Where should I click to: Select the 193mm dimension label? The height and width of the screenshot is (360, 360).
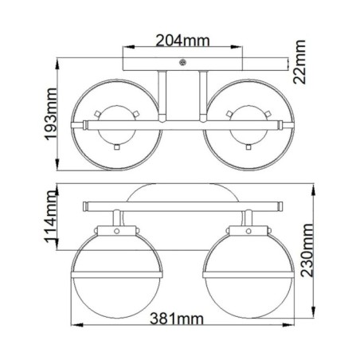(x=52, y=120)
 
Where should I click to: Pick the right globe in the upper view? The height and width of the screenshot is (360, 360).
(x=243, y=123)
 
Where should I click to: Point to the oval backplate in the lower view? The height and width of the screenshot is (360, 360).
(x=180, y=193)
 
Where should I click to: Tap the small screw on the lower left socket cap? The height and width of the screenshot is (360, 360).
(x=116, y=233)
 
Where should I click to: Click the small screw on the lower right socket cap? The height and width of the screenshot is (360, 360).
(x=243, y=233)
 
